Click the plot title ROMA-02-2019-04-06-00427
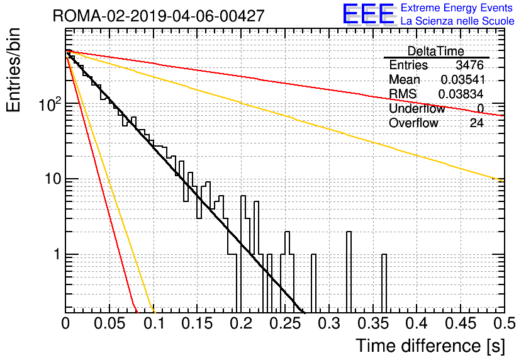pyautogui.click(x=159, y=16)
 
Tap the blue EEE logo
pyautogui.click(x=368, y=14)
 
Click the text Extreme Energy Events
pyautogui.click(x=457, y=8)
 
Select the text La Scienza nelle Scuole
pyautogui.click(x=457, y=21)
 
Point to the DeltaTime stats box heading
pyautogui.click(x=435, y=51)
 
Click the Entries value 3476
pyautogui.click(x=469, y=65)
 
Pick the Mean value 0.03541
pyautogui.click(x=462, y=79)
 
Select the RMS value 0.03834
pyautogui.click(x=461, y=94)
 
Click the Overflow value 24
pyautogui.click(x=476, y=123)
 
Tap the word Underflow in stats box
pyautogui.click(x=417, y=108)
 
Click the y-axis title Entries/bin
pyautogui.click(x=13, y=70)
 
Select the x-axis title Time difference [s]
pyautogui.click(x=430, y=346)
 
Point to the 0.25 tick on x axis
pyautogui.click(x=284, y=323)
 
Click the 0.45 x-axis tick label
pyautogui.click(x=461, y=323)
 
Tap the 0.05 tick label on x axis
pyautogui.click(x=109, y=323)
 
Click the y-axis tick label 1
pyautogui.click(x=57, y=254)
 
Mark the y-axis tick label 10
pyautogui.click(x=53, y=179)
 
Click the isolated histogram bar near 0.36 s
pyautogui.click(x=384, y=283)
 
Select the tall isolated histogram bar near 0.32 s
pyautogui.click(x=349, y=272)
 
